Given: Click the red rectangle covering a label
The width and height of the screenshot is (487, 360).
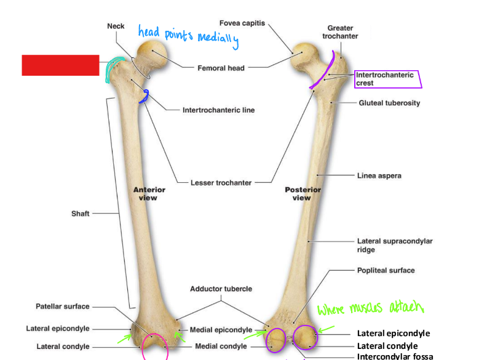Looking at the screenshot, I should click(60, 65).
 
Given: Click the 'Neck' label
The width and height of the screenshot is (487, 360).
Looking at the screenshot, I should click(116, 26).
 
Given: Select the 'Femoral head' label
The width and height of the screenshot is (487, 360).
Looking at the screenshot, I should click(221, 68).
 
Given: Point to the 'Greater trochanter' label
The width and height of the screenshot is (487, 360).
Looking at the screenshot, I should click(340, 32).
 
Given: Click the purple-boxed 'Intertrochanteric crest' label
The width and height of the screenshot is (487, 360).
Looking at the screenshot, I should click(385, 79).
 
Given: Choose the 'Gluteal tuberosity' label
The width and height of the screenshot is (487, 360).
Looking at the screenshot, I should click(389, 103).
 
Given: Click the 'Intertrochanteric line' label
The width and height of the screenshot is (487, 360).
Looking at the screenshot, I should click(218, 110).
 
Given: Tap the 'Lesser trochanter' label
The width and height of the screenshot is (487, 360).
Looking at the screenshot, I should click(220, 183).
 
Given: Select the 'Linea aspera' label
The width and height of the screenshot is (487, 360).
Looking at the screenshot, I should click(379, 175).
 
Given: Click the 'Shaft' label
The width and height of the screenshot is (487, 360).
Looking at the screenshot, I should click(80, 214).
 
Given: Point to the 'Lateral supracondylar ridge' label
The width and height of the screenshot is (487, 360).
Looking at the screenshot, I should click(394, 246).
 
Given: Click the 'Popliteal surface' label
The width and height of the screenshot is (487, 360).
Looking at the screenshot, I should click(386, 270).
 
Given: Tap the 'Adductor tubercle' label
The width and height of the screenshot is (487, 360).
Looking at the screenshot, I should click(221, 289).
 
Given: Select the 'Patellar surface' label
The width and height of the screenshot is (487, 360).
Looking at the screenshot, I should click(62, 306).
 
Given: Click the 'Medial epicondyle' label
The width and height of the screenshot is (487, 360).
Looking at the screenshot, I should click(221, 330).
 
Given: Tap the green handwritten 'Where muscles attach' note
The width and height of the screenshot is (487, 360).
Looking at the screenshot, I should click(371, 307).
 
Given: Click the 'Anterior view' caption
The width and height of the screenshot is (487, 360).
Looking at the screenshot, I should click(149, 194).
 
